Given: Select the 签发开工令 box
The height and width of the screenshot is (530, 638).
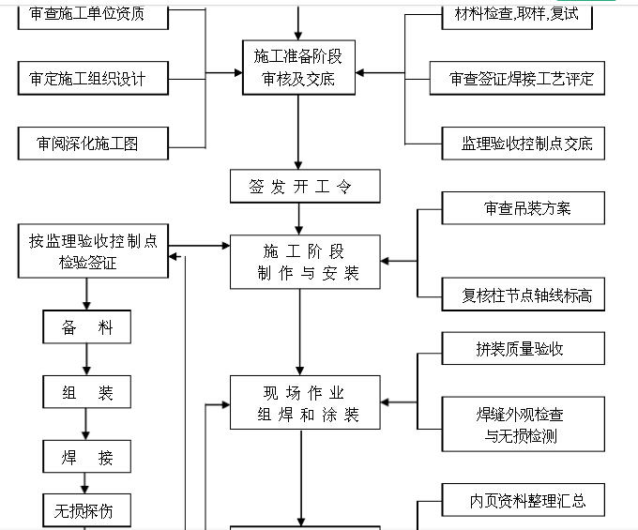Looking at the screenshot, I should [305, 186].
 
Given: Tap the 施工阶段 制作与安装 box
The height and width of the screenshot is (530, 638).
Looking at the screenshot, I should [305, 262].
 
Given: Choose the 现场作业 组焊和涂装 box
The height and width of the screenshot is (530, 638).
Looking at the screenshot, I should [305, 402].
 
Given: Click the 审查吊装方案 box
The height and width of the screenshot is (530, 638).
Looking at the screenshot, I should [524, 208].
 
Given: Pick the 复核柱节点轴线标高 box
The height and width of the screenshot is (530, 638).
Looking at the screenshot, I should [524, 295].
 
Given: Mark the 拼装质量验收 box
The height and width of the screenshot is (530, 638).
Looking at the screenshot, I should [524, 349].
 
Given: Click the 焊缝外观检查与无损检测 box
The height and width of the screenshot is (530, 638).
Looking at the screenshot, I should [524, 424].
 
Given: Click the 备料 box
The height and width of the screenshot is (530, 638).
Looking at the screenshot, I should [87, 327].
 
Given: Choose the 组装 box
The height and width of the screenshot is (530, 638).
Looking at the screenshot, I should [87, 392].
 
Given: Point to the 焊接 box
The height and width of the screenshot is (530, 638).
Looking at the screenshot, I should [87, 457].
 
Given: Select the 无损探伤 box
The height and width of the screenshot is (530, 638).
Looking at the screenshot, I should [87, 511].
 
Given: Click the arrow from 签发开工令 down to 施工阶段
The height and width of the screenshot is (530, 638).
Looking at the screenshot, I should [299, 219].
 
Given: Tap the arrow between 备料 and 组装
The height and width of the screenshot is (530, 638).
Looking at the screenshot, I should [87, 360].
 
